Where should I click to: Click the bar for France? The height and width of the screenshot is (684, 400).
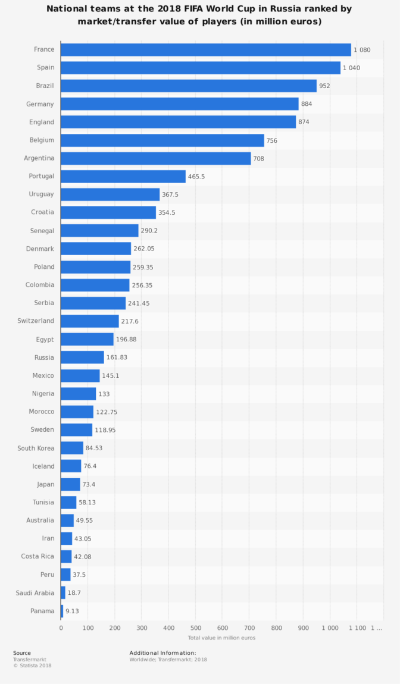tap(206, 50)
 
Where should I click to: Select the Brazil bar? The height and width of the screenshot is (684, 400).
tap(189, 86)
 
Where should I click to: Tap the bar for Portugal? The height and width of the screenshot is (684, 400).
tap(123, 176)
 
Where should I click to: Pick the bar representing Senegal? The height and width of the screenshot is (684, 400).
tap(99, 230)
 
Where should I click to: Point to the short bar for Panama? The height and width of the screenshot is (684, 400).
tap(62, 611)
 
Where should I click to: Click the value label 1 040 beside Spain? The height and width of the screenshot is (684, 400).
tap(352, 68)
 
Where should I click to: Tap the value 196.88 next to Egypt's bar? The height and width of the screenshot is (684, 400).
tap(126, 340)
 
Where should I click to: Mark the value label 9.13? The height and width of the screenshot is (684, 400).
tap(72, 611)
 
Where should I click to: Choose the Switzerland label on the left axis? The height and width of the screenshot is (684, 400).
tap(36, 321)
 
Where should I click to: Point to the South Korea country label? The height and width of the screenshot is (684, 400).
tap(36, 448)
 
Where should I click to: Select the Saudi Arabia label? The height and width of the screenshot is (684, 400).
tap(35, 593)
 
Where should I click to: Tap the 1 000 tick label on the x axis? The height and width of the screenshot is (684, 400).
tap(330, 628)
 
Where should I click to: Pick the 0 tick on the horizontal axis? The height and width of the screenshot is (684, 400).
tap(61, 628)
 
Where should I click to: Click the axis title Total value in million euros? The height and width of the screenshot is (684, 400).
tap(222, 638)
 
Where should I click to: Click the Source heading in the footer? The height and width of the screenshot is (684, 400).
tap(22, 653)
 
